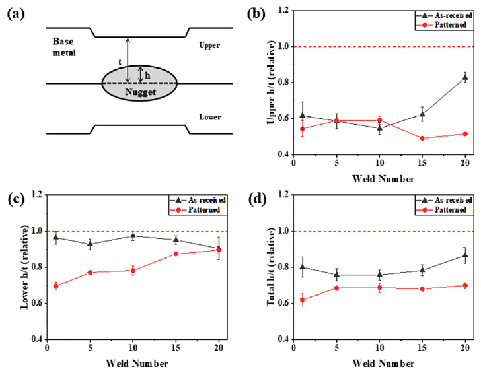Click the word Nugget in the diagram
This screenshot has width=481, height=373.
[x=139, y=94]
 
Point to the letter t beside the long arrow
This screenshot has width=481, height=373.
[x=119, y=61]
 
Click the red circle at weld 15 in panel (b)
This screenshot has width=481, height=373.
[x=422, y=138]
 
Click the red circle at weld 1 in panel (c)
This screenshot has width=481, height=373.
[x=56, y=286]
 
